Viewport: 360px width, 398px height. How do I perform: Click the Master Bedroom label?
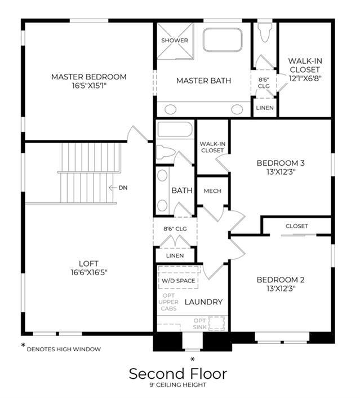(89, 77)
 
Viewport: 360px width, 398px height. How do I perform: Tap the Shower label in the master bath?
(175, 41)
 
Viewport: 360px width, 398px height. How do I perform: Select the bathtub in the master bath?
(223, 40)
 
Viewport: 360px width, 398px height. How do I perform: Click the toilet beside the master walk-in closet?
(265, 33)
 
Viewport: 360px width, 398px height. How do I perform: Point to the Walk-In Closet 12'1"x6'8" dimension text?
(305, 78)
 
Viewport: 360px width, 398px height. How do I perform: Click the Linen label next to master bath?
(265, 108)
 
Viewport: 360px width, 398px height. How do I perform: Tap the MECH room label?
(212, 191)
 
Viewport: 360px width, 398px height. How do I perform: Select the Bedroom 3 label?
(281, 163)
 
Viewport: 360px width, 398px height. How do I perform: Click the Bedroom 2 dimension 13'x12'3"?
(281, 289)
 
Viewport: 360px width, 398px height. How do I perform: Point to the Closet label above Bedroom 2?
(296, 226)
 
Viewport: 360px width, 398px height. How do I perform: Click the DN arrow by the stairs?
(113, 188)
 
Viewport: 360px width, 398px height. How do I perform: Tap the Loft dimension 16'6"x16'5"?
(89, 273)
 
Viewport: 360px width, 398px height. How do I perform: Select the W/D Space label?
(179, 281)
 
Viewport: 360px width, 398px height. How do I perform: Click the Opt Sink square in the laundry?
(216, 323)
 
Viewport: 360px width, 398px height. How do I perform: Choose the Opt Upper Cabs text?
(168, 302)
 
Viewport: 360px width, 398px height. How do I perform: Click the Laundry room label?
(203, 302)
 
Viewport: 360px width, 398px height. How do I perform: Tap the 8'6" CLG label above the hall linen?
(175, 229)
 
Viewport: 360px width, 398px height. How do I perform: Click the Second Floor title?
(178, 374)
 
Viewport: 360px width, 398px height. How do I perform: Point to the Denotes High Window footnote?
(64, 350)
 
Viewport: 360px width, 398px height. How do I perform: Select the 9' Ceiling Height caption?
(178, 385)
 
